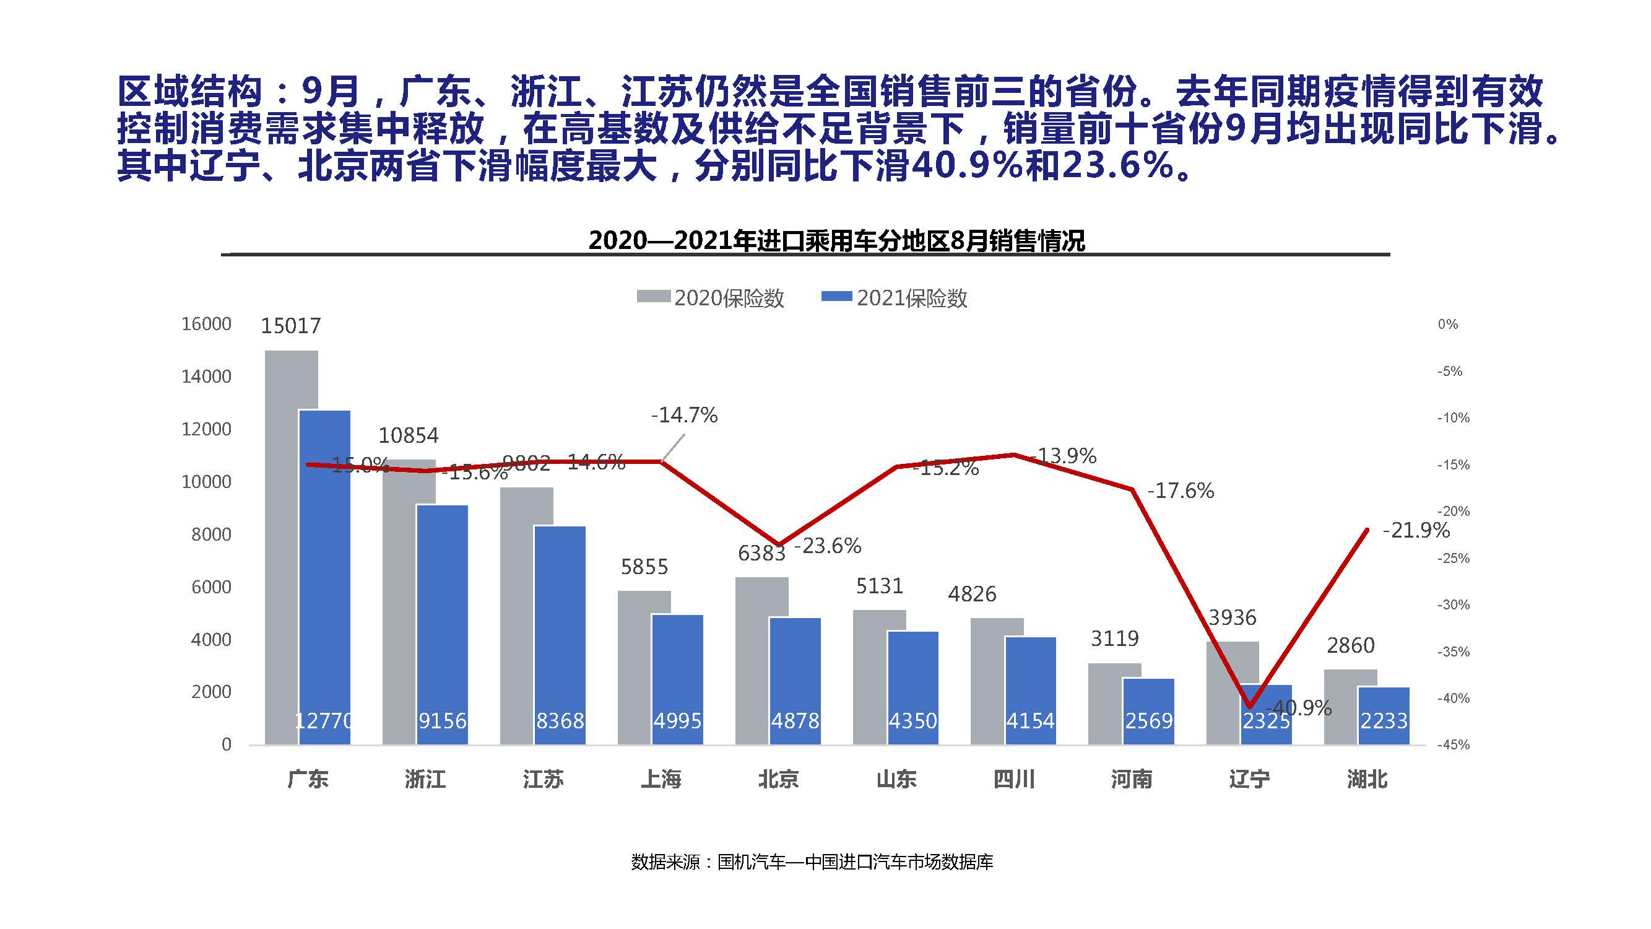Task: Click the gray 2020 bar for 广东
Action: click(282, 545)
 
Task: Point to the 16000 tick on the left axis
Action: click(206, 324)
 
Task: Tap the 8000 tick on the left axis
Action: click(211, 534)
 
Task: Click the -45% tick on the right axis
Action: click(1453, 745)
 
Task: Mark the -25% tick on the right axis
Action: click(1453, 559)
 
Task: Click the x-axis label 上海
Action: click(661, 780)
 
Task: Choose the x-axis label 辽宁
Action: click(1249, 780)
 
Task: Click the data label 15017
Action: click(290, 326)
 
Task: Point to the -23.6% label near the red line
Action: click(828, 546)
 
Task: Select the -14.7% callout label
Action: click(684, 416)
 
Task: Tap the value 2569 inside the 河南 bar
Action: click(1148, 722)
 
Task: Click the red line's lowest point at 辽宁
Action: click(1250, 707)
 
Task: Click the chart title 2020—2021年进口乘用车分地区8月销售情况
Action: click(836, 241)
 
